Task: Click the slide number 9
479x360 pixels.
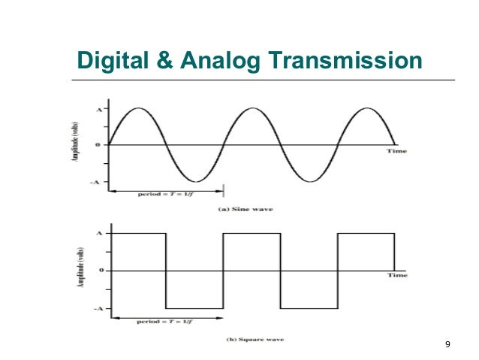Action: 447,344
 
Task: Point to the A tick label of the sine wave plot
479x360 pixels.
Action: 98,109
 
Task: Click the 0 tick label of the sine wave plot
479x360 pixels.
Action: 98,144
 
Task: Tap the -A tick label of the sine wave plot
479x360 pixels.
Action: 97,182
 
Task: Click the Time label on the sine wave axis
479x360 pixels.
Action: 397,151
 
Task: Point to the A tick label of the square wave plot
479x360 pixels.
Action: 98,234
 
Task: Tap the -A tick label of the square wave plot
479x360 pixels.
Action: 97,308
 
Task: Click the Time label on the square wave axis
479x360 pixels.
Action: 397,276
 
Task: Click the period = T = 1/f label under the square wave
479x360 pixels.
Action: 166,321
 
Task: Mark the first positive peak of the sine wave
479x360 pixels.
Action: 137,109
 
